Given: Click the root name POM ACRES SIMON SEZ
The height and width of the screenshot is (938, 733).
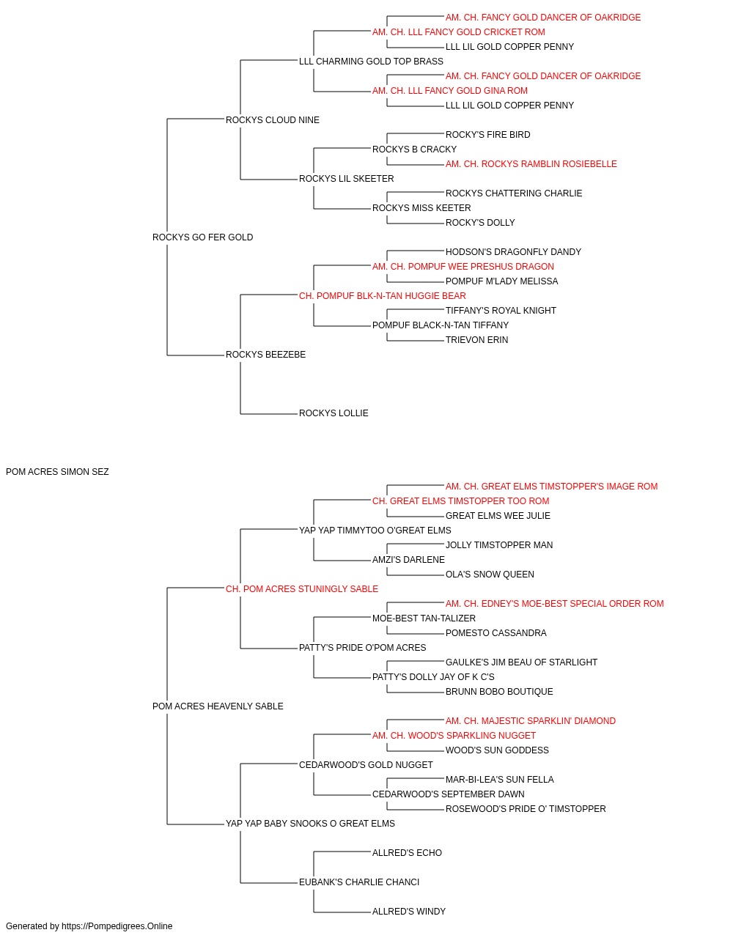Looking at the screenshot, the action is point(57,472).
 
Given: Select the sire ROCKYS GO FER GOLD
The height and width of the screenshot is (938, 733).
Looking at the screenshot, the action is point(202,237).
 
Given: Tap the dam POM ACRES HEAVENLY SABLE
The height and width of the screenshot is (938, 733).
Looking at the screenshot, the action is point(218,706).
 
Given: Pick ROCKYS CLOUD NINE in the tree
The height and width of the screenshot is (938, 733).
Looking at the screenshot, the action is point(273,120).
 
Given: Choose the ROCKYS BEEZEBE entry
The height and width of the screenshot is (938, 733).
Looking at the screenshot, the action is point(265,355).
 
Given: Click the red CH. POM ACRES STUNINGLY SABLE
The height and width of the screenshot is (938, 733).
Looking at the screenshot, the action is point(302,589).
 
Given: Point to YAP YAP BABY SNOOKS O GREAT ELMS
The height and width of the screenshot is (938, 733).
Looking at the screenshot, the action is point(310,824).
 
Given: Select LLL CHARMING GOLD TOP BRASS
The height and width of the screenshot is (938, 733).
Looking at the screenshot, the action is point(371,62).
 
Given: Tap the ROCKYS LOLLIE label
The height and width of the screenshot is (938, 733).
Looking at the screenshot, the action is point(334,413).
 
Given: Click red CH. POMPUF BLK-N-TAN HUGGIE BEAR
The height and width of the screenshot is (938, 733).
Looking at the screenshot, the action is point(383,296).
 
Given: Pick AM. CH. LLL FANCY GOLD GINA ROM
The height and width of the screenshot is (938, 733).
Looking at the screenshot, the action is point(450,91).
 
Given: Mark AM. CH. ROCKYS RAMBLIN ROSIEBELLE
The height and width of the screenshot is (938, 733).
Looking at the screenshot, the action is point(531,164).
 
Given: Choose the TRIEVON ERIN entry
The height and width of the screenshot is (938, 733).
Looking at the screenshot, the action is point(476,340).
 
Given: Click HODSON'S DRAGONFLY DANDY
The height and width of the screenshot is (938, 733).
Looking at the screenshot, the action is point(513,252).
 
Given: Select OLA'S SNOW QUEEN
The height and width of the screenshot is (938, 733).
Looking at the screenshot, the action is point(490,575).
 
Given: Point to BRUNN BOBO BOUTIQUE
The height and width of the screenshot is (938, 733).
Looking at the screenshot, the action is point(499,692).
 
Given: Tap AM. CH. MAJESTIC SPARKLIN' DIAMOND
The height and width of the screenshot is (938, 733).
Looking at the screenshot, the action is point(531,721).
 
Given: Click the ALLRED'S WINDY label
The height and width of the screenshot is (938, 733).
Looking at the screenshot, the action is point(409,912).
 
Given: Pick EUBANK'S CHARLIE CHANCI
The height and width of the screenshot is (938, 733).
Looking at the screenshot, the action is point(359,882).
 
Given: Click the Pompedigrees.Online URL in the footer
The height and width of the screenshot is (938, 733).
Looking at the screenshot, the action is point(117,926).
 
